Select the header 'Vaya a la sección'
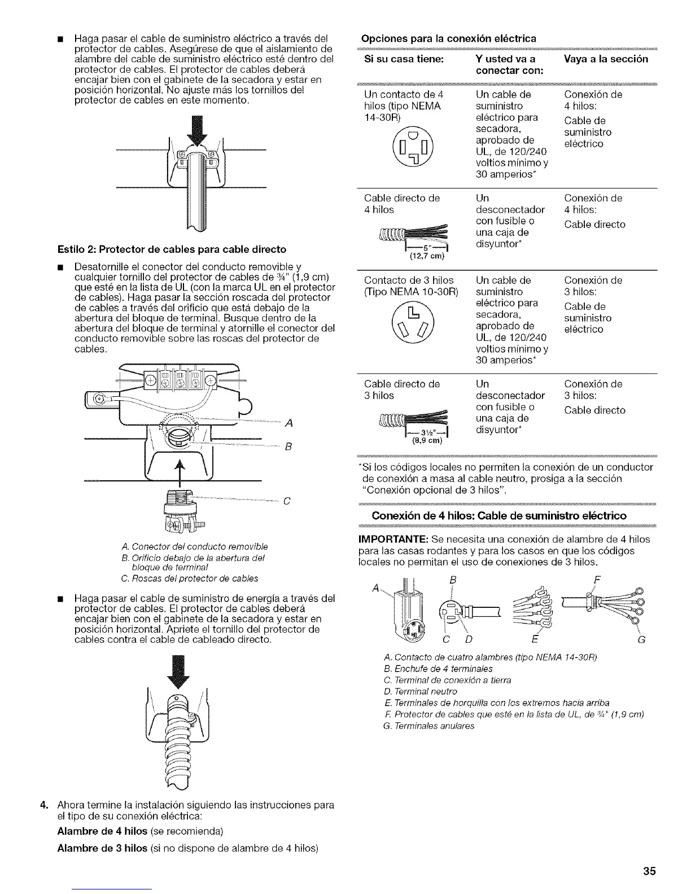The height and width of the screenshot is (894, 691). coord(606,59)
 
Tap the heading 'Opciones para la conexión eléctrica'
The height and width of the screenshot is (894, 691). coord(448,38)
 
